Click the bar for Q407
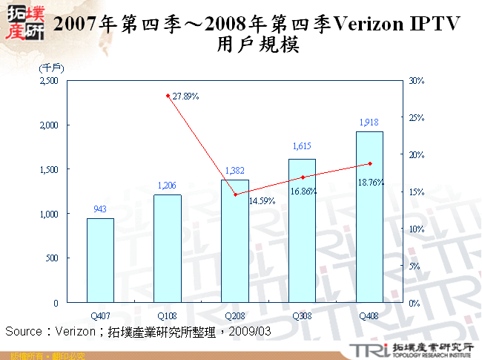click(100, 261)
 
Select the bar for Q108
click(168, 249)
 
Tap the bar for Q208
click(235, 241)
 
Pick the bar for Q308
click(302, 231)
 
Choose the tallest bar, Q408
click(369, 217)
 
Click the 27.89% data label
click(185, 96)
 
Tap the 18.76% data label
click(371, 182)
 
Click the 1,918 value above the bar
click(369, 122)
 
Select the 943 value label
click(100, 209)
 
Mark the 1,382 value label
click(235, 171)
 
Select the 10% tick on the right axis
click(416, 229)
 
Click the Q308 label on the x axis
click(302, 315)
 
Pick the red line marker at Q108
click(168, 96)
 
